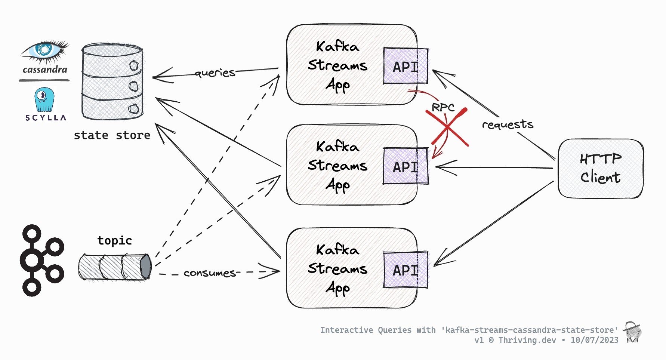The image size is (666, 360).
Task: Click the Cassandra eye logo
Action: pos(44,50)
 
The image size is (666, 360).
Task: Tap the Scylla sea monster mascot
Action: pos(44,99)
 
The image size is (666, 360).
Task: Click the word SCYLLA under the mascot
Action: pos(46,118)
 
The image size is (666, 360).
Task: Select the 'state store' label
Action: pos(112,135)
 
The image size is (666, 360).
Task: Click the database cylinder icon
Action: pos(112,82)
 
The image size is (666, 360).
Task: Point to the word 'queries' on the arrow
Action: pos(215,73)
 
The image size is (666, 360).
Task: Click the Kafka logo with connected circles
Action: pos(41,260)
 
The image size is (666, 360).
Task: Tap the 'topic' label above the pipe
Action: pos(114,240)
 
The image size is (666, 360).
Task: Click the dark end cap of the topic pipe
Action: pos(146,266)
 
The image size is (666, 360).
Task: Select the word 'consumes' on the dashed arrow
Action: pos(210,273)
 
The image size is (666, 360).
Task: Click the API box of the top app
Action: pos(406,66)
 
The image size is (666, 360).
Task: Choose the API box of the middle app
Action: pos(406,166)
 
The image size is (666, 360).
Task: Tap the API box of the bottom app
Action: pos(406,270)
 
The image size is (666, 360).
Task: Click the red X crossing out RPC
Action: pos(447,127)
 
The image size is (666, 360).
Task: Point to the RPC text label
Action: pos(443,108)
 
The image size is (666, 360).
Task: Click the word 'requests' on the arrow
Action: pos(507,124)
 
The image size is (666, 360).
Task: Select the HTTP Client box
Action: pos(600,168)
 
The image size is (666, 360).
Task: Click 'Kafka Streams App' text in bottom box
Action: pos(337,268)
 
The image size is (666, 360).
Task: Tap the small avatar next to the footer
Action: pos(633,332)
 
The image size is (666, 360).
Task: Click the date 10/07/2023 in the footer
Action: pos(594,340)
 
